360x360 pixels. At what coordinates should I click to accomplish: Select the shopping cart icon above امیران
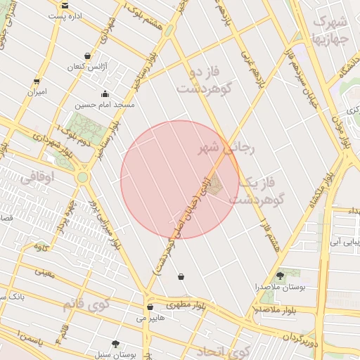point(37,82)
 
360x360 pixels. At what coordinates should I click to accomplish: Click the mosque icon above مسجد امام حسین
point(105,94)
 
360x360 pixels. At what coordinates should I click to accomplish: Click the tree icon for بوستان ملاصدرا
point(281,276)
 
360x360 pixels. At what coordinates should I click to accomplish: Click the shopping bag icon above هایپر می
point(150,307)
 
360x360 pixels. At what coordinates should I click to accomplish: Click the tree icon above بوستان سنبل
point(115,344)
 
